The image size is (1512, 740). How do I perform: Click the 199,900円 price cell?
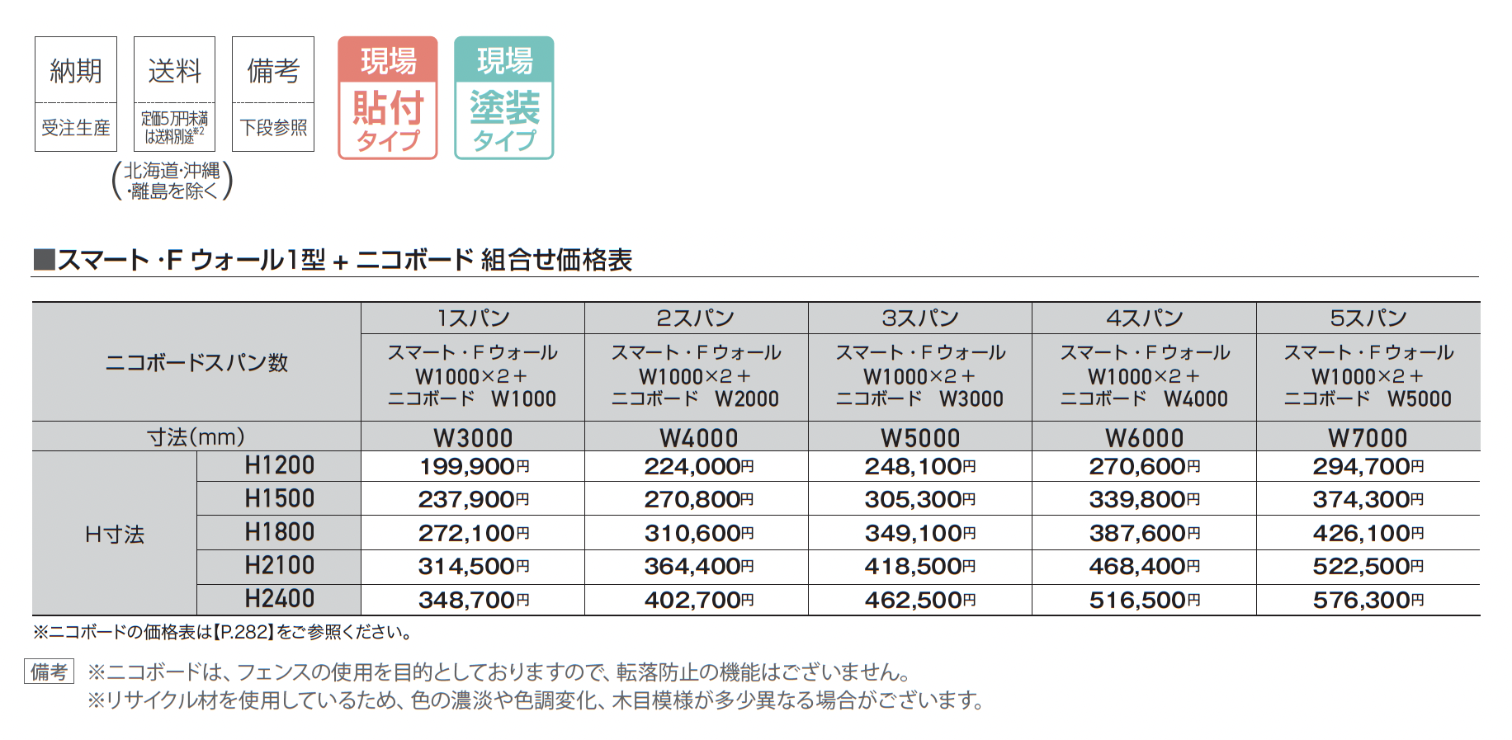(x=473, y=467)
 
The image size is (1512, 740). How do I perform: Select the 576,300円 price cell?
(x=1368, y=600)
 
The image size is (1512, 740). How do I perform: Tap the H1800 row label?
(x=279, y=533)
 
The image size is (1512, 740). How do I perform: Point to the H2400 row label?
(x=279, y=599)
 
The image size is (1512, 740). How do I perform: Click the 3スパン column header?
(x=919, y=318)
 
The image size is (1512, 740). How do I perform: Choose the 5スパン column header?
(x=1368, y=318)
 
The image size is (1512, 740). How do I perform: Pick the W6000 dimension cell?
(x=1144, y=437)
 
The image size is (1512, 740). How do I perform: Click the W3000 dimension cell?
(x=473, y=437)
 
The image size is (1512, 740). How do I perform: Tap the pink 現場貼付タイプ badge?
(x=387, y=97)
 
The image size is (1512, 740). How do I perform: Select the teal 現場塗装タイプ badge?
(x=503, y=97)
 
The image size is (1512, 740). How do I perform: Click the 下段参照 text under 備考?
(x=273, y=128)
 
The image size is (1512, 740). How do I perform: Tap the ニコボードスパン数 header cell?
(x=196, y=362)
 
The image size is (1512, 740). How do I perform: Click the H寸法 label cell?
(x=114, y=535)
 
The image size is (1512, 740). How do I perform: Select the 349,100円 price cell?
(x=919, y=533)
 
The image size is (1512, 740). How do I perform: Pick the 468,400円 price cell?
(x=1144, y=567)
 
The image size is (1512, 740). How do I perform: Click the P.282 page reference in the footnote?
(x=243, y=633)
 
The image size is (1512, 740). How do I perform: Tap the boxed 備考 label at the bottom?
(x=49, y=672)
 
